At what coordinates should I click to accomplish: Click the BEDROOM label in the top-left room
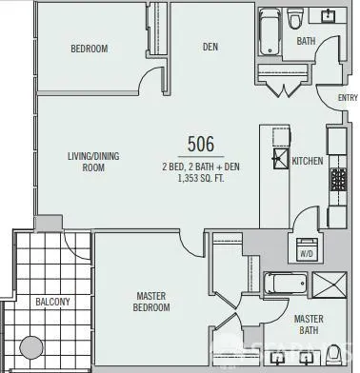pyautogui.click(x=88, y=49)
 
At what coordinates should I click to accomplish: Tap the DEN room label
pyautogui.click(x=211, y=47)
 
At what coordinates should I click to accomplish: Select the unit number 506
pyautogui.click(x=201, y=144)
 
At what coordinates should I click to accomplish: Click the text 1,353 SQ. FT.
pyautogui.click(x=201, y=178)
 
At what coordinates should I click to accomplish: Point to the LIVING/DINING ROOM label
pyautogui.click(x=91, y=161)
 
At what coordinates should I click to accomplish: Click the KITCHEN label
pyautogui.click(x=308, y=161)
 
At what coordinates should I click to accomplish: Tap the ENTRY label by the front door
pyautogui.click(x=348, y=98)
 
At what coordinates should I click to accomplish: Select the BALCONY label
pyautogui.click(x=52, y=302)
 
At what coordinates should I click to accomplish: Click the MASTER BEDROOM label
pyautogui.click(x=151, y=302)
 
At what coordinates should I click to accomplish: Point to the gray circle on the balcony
pyautogui.click(x=33, y=347)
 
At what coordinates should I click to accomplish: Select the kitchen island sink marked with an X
pyautogui.click(x=281, y=158)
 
